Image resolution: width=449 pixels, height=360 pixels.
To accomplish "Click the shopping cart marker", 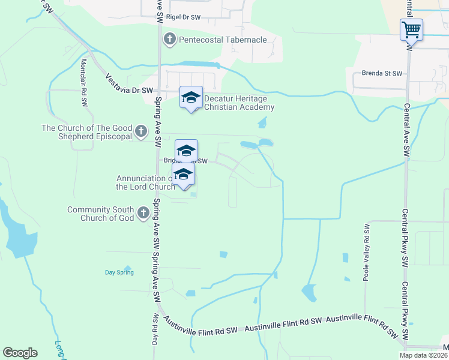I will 411,29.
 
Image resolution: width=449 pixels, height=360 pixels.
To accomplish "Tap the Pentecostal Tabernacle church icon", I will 170,40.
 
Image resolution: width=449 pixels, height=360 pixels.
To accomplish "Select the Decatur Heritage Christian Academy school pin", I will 191,98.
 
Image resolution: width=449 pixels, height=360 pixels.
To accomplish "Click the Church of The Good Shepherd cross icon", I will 141,131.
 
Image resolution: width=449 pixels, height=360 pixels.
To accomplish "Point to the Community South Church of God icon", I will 143,213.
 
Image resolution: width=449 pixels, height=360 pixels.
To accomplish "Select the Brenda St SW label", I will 381,73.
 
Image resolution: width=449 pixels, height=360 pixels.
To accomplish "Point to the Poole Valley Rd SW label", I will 367,247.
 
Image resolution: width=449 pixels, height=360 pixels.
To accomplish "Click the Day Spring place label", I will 119,272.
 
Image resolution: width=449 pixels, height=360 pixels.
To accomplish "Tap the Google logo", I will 20,353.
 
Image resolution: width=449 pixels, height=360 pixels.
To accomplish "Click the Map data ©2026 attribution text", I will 423,355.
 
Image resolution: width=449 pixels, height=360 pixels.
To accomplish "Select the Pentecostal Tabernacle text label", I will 223,40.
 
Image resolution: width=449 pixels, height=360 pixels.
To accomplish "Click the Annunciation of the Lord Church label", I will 144,182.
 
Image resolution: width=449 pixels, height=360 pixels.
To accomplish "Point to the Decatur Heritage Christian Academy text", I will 240,103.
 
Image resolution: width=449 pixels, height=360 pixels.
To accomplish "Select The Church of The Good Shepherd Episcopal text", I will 86,132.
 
